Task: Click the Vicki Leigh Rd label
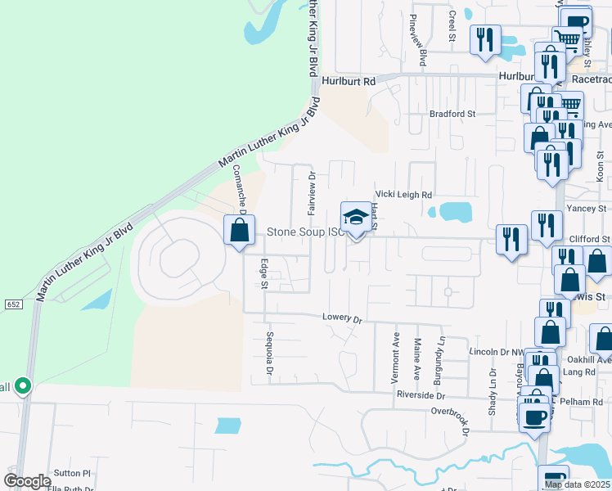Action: tap(403, 195)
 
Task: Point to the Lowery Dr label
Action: tap(341, 317)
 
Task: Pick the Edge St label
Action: tap(263, 273)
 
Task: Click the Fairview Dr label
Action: tap(312, 193)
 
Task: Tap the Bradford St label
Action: tap(452, 114)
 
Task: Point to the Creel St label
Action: tap(451, 25)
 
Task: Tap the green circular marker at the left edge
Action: tap(23, 385)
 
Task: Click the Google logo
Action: tap(27, 481)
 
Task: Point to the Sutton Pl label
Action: tap(72, 473)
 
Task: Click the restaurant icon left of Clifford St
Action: tap(511, 240)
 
